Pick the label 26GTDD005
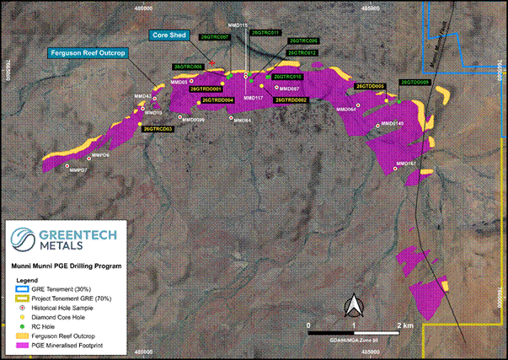370,86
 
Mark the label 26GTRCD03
158,128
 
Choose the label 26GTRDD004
216,100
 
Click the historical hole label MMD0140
392,124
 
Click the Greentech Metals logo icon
25,238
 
